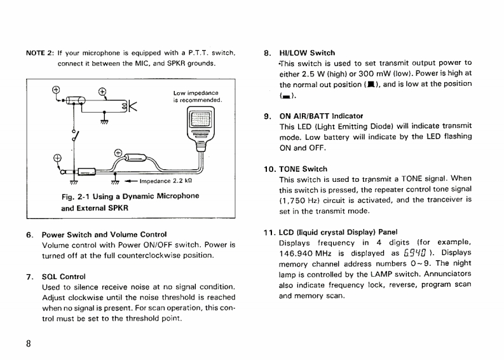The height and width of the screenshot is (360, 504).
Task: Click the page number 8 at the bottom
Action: (28, 343)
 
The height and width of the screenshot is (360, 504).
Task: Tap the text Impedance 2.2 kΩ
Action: (165, 181)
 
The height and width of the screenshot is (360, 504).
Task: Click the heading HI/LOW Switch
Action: (307, 53)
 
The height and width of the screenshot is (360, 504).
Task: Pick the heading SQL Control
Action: (64, 277)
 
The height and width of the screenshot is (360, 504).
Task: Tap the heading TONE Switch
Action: (303, 169)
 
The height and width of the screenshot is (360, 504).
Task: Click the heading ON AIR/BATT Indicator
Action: (321, 116)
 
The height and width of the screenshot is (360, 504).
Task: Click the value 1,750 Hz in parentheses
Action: (300, 199)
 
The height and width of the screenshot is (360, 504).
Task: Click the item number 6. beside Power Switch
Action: (29, 234)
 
